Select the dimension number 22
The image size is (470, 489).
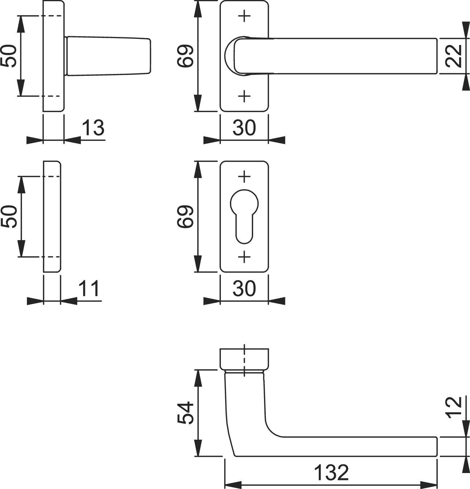click(x=454, y=56)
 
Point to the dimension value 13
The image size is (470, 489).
click(x=93, y=128)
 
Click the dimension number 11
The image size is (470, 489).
click(x=90, y=288)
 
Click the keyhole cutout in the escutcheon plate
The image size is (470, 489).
click(x=244, y=216)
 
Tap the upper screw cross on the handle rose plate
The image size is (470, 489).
click(x=244, y=16)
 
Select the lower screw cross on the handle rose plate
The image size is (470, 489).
click(x=244, y=96)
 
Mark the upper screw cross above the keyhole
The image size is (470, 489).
click(x=244, y=176)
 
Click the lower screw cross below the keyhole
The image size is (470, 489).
click(x=244, y=256)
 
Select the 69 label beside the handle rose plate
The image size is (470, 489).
click(x=185, y=56)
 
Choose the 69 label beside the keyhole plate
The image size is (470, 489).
click(x=185, y=217)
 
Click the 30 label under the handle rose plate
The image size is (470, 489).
click(x=244, y=128)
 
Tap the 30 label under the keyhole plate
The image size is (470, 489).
click(x=244, y=288)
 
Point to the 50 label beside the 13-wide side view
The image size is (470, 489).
click(x=9, y=56)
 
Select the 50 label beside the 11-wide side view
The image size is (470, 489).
click(x=9, y=217)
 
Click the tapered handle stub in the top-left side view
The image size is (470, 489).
click(x=108, y=56)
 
